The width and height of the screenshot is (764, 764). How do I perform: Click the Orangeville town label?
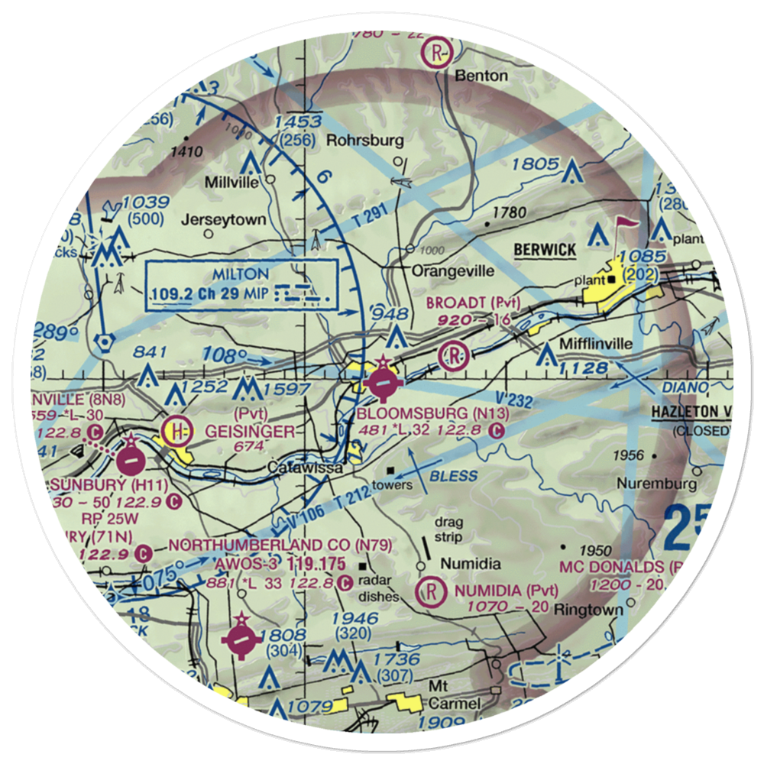coord(453,270)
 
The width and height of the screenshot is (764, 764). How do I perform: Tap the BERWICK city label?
coord(543,250)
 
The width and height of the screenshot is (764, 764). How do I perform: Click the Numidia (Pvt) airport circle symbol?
coord(432,591)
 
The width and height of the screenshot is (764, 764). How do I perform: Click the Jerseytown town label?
coord(224,220)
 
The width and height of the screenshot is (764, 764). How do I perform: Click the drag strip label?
coord(449,530)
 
